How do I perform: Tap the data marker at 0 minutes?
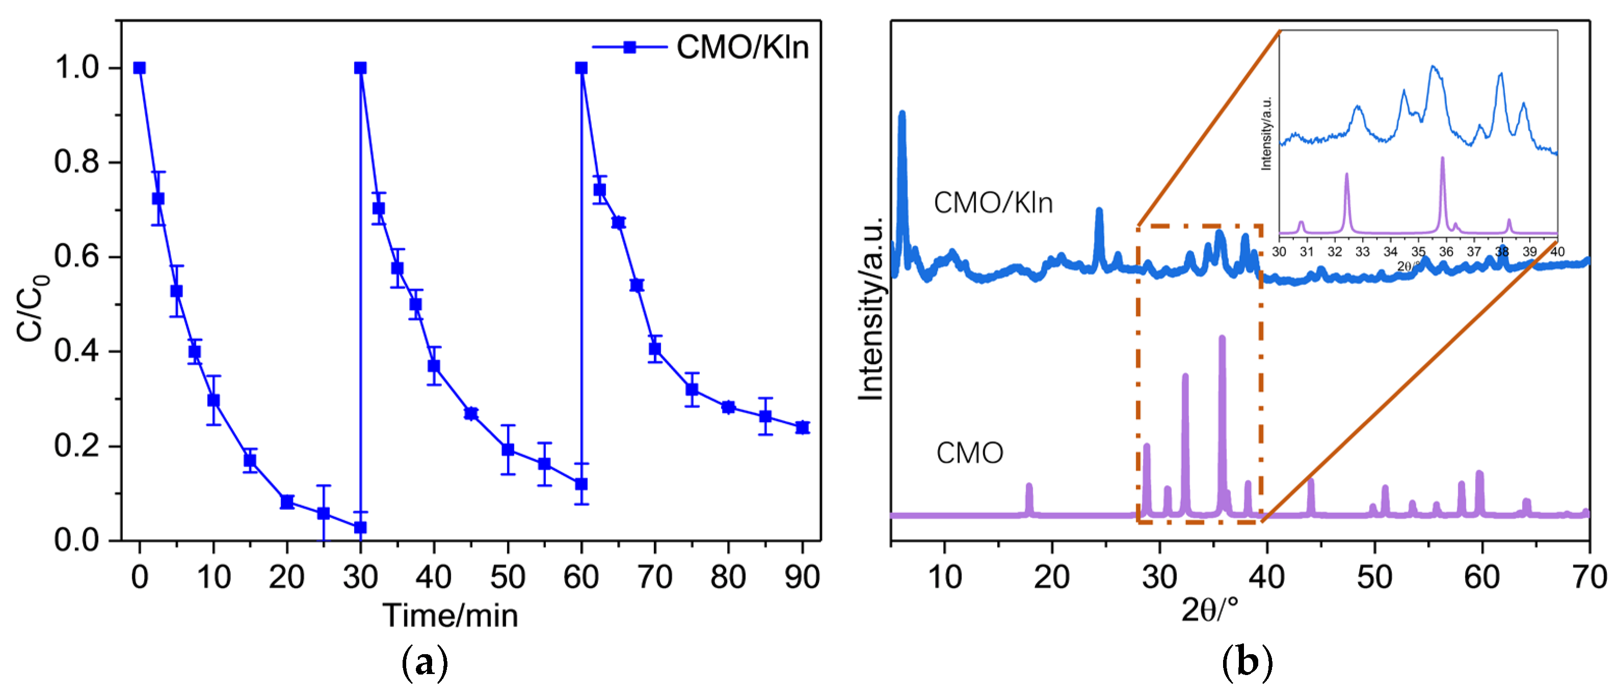(139, 68)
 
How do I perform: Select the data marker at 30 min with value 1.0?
(360, 68)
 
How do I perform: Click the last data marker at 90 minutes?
(802, 427)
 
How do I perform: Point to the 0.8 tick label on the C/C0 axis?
(76, 162)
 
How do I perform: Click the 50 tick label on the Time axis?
(507, 576)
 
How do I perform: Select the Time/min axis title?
(450, 615)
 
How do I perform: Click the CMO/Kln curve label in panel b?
(992, 203)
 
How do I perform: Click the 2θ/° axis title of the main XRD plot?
(1210, 609)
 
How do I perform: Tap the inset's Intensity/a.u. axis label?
(1266, 133)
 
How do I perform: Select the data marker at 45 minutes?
(471, 413)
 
